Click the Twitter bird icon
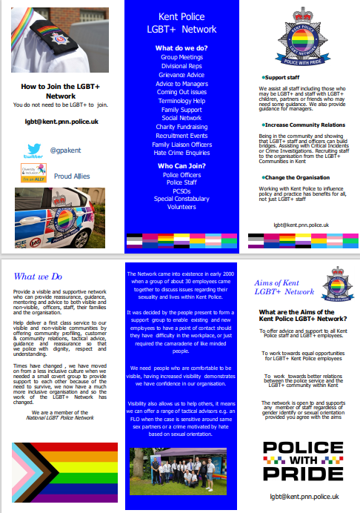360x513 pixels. click(x=34, y=150)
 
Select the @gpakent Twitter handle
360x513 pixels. click(x=64, y=150)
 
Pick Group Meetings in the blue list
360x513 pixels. click(x=181, y=56)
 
